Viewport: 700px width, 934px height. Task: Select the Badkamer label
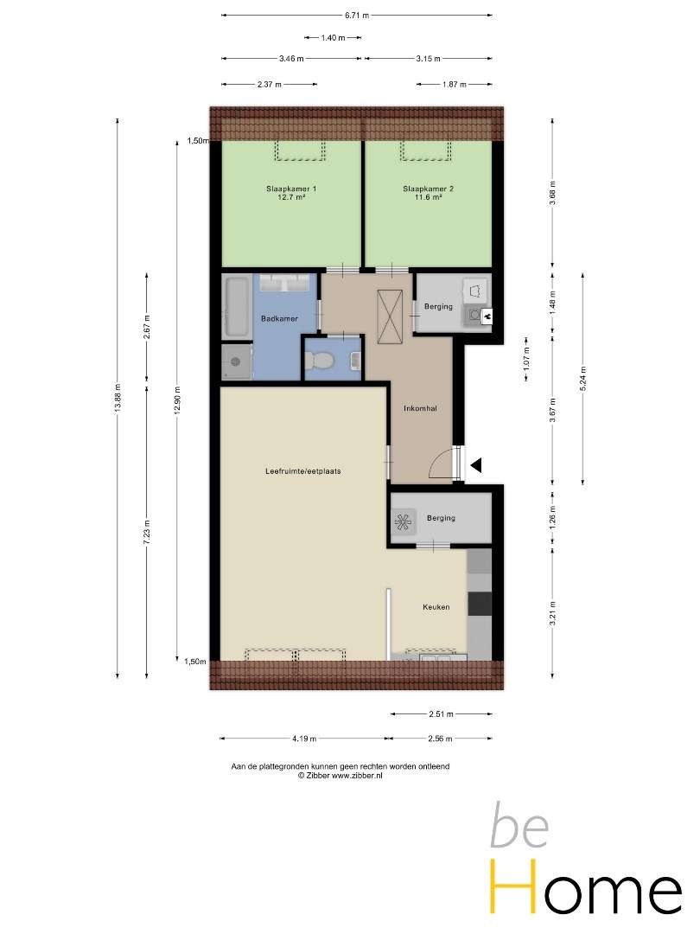pos(279,318)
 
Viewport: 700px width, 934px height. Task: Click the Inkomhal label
pos(420,408)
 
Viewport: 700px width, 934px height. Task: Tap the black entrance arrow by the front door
pos(475,465)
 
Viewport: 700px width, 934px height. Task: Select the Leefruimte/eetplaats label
pos(303,471)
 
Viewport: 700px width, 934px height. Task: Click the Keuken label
pos(436,607)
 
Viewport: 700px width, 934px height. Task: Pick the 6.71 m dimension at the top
pos(357,16)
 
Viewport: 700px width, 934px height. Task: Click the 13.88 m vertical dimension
pos(118,398)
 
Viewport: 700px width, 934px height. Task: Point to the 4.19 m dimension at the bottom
pos(304,739)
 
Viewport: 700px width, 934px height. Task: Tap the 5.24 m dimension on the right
pos(583,378)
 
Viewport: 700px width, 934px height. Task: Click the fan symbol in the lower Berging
pos(403,522)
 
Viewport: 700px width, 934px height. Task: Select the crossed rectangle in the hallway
pos(391,317)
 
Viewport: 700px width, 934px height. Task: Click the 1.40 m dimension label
pos(333,37)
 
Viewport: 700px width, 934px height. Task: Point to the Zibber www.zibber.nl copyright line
pos(340,776)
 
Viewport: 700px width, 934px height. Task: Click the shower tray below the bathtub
pos(237,361)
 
